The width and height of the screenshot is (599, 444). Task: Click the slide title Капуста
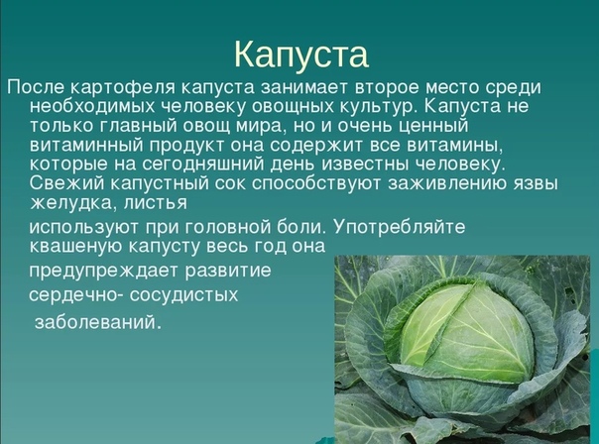coord(301,55)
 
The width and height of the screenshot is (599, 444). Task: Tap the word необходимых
coord(92,106)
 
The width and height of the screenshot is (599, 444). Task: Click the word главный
coord(137,126)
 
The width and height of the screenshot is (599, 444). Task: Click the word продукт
coord(186,146)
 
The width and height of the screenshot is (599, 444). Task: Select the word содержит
coord(324,146)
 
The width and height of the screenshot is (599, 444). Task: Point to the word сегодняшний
coord(203,165)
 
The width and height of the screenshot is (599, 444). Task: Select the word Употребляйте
coord(400,228)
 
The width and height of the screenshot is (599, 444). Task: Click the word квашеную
coord(76,247)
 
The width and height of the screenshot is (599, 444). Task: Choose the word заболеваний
coord(95,323)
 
